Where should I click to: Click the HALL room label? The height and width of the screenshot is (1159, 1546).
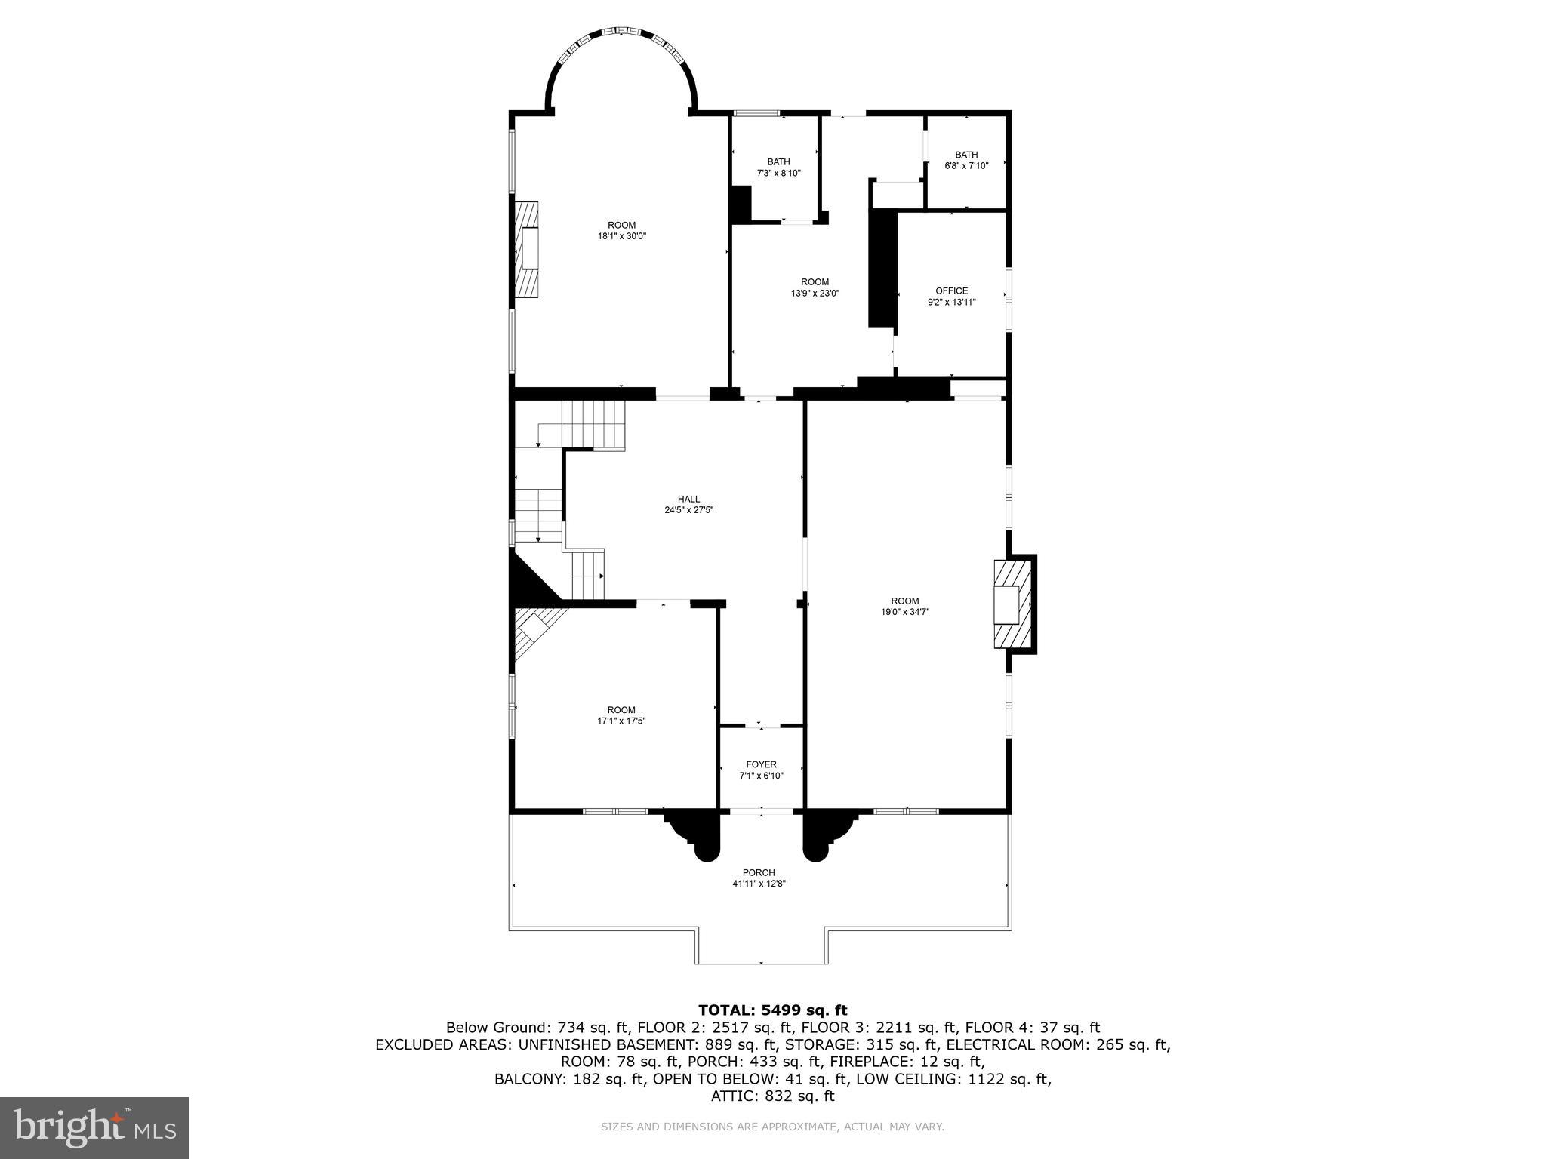[688, 499]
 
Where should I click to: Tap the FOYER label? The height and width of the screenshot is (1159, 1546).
[761, 764]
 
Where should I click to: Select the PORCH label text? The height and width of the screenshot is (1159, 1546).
[759, 872]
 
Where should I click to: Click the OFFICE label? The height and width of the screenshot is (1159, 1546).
[951, 291]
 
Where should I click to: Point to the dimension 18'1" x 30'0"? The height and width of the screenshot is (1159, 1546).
[622, 236]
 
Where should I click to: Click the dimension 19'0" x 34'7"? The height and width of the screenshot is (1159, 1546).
[904, 612]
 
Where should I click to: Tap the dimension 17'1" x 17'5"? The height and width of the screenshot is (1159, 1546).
[621, 721]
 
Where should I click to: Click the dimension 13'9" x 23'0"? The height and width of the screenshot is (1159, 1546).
[815, 294]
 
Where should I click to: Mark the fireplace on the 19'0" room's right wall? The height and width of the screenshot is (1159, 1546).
[1012, 604]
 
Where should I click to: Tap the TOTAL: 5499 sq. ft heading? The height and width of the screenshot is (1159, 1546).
[772, 1010]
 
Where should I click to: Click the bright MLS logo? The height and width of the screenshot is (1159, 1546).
[94, 1127]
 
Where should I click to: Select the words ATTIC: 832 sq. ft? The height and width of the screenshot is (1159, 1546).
[772, 1096]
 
